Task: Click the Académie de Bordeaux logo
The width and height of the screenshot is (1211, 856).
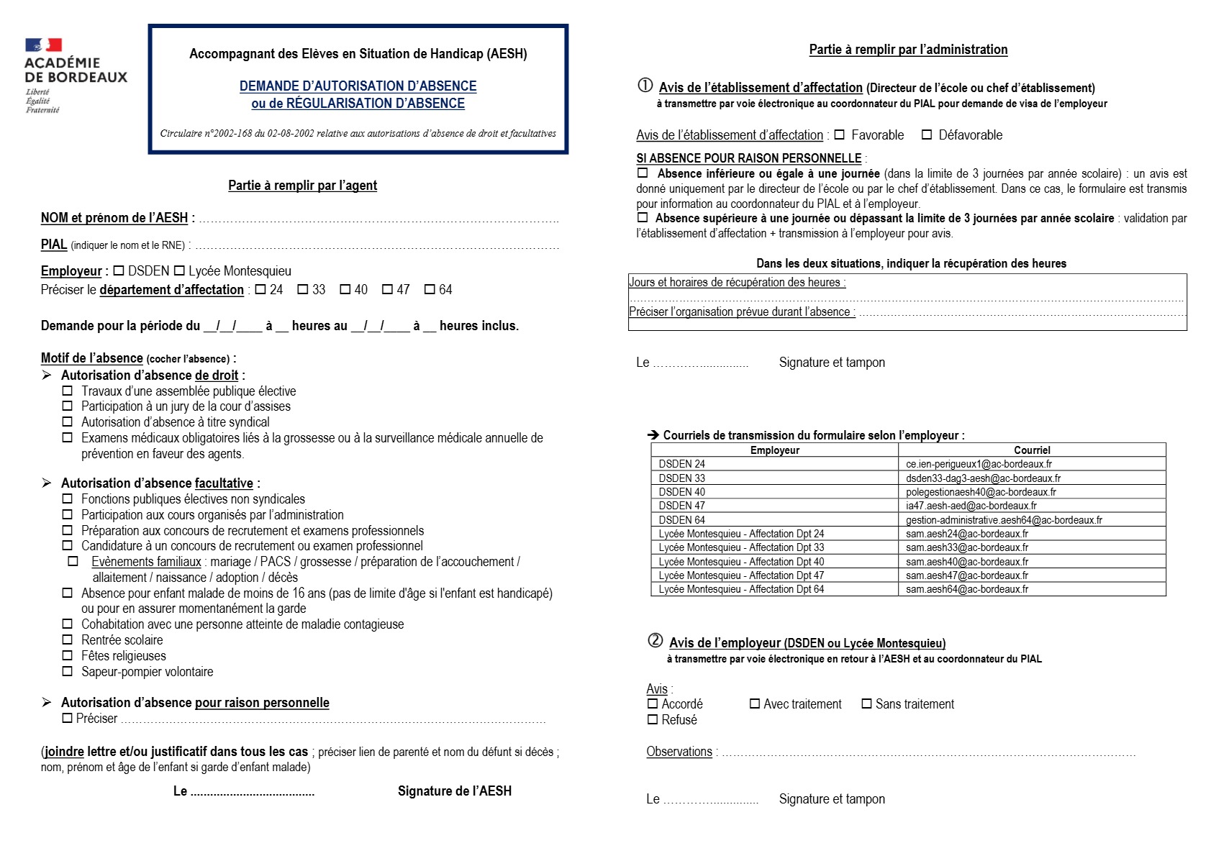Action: (75, 75)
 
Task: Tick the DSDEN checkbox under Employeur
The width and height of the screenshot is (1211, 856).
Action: (119, 270)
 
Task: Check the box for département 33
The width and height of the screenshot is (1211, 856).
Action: (303, 289)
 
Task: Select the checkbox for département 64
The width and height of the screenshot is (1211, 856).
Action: (430, 289)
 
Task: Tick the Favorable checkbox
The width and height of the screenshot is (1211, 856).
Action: (839, 135)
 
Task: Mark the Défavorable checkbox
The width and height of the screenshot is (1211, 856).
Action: (927, 135)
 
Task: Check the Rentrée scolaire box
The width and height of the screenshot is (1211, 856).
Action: (68, 639)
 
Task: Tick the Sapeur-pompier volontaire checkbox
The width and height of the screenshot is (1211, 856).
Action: (68, 671)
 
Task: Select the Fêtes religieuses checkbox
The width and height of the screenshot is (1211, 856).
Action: (68, 655)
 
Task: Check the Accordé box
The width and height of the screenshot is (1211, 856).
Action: (653, 704)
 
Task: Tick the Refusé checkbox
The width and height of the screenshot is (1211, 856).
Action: (653, 719)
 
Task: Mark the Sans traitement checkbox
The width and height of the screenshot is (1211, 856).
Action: (866, 704)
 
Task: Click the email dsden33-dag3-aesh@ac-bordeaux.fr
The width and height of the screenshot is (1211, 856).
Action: (983, 478)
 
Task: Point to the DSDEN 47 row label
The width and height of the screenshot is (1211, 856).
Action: (681, 506)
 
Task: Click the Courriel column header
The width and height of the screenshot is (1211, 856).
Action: (1032, 450)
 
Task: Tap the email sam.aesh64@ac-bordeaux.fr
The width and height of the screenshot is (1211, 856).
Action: (966, 589)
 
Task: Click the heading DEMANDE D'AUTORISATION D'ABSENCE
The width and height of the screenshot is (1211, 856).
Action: (358, 86)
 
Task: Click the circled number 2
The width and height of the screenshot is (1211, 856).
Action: (655, 640)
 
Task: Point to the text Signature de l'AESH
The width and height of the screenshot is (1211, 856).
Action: (454, 791)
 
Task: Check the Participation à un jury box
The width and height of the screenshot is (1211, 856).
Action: (68, 406)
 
